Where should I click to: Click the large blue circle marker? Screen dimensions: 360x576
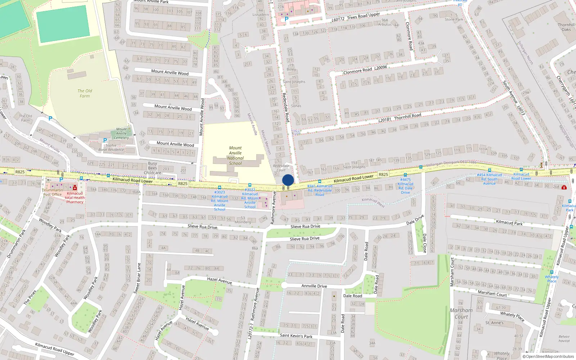pyautogui.click(x=288, y=180)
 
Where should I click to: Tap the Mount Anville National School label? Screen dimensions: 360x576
pyautogui.click(x=235, y=156)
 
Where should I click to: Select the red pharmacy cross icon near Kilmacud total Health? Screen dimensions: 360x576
pyautogui.click(x=75, y=188)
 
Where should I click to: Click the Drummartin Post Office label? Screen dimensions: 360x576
pyautogui.click(x=53, y=192)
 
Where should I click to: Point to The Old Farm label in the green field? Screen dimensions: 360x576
pyautogui.click(x=85, y=93)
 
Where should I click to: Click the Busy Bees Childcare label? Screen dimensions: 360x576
pyautogui.click(x=152, y=168)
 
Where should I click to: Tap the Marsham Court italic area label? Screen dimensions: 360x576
pyautogui.click(x=461, y=314)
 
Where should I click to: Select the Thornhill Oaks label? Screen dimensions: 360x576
pyautogui.click(x=566, y=27)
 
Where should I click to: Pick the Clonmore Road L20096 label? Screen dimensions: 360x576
pyautogui.click(x=365, y=69)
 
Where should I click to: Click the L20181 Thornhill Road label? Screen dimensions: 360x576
pyautogui.click(x=400, y=117)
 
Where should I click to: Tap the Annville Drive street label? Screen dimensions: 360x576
pyautogui.click(x=314, y=286)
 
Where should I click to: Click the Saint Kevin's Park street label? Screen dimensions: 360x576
pyautogui.click(x=296, y=336)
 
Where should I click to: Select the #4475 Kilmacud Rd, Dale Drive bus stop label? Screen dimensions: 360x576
pyautogui.click(x=405, y=186)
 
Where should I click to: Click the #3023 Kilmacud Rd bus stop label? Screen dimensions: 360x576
pyautogui.click(x=220, y=201)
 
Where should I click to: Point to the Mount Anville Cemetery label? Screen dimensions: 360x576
pyautogui.click(x=121, y=133)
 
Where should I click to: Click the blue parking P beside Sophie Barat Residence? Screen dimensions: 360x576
pyautogui.click(x=105, y=140)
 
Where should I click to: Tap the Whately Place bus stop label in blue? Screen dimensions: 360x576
pyautogui.click(x=552, y=279)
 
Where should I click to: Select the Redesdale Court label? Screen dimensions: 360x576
pyautogui.click(x=281, y=168)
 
